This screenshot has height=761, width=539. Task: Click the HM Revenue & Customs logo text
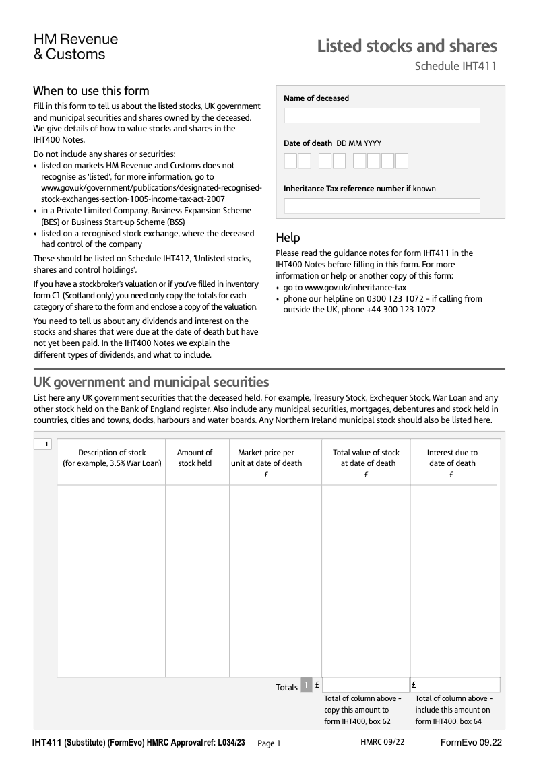[x=75, y=46]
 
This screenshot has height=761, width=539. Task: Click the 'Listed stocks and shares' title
[x=407, y=46]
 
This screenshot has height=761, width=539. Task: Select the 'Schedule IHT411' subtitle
[x=455, y=66]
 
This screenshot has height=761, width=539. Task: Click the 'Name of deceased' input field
[x=381, y=115]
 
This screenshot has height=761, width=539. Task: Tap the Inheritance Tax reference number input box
[x=381, y=205]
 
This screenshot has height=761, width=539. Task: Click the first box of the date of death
[x=290, y=160]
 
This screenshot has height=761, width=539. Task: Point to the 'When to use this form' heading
[x=91, y=91]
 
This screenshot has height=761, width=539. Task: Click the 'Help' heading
[x=288, y=238]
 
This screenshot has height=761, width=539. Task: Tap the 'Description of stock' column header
[x=112, y=458]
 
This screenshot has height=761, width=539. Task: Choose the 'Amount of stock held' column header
[x=195, y=458]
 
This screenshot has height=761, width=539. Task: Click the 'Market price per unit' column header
[x=266, y=458]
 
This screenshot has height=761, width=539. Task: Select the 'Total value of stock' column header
[x=366, y=458]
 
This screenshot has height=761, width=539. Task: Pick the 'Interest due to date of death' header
[x=452, y=458]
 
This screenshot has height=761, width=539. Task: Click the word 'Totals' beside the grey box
[x=286, y=687]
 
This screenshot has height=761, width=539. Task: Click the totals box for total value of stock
[x=366, y=685]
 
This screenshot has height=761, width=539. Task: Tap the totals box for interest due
[x=455, y=685]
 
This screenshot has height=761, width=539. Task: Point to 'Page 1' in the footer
[x=269, y=743]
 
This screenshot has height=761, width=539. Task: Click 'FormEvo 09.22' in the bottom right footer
[x=471, y=742]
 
